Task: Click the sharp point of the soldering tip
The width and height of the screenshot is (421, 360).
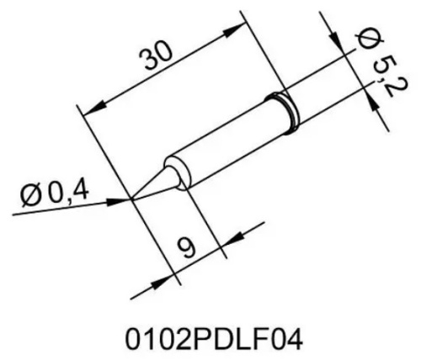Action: tap(132, 199)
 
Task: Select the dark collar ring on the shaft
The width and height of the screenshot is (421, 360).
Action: tap(283, 112)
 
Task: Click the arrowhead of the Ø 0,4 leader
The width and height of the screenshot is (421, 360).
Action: tap(124, 199)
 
